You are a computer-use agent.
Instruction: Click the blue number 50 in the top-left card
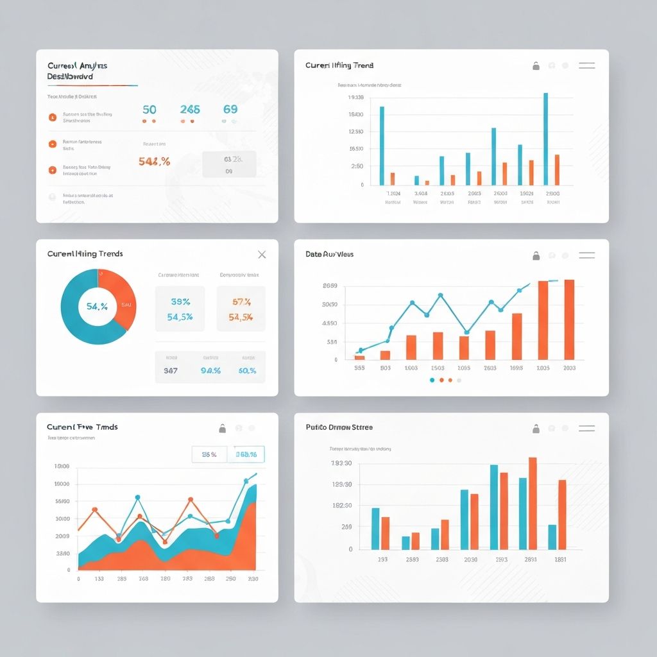click(x=149, y=110)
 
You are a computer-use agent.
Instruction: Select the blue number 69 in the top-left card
click(x=230, y=110)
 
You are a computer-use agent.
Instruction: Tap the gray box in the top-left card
click(x=229, y=164)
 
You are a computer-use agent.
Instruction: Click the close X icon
click(x=262, y=255)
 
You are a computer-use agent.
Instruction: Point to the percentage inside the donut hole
click(x=97, y=307)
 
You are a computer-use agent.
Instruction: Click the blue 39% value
click(x=180, y=301)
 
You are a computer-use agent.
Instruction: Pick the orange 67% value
click(x=241, y=301)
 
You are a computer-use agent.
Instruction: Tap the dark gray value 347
click(x=171, y=370)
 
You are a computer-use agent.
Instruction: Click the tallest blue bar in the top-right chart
click(x=545, y=139)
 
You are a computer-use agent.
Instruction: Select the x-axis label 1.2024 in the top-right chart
click(x=393, y=193)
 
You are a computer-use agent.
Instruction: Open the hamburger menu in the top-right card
click(x=586, y=65)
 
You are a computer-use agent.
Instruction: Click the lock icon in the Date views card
click(x=536, y=256)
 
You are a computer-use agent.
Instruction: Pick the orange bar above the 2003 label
click(x=569, y=320)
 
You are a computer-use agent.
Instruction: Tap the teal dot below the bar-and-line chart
click(x=432, y=380)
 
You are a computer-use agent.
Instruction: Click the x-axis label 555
click(x=359, y=368)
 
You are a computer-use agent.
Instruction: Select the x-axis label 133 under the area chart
click(x=99, y=579)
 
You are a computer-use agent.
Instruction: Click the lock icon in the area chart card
click(x=222, y=428)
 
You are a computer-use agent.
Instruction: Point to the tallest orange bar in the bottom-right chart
click(x=533, y=503)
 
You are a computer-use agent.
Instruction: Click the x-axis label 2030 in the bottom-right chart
click(x=470, y=559)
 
